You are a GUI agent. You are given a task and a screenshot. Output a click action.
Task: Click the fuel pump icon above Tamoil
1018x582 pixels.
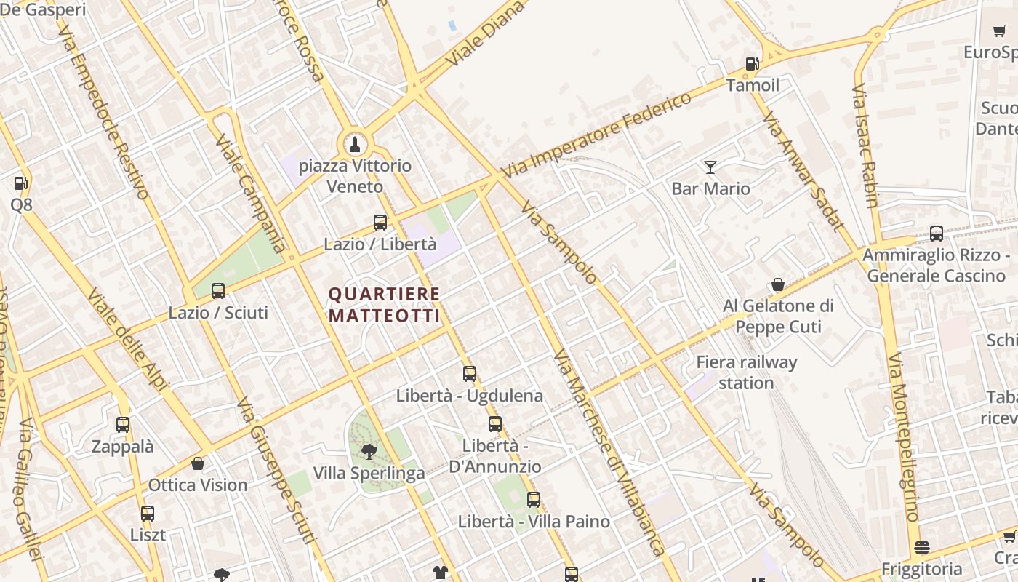point(752,64)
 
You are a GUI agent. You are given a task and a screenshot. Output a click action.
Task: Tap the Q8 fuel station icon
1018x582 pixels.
point(21,183)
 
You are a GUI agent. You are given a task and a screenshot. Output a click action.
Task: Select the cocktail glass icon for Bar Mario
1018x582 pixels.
point(710,167)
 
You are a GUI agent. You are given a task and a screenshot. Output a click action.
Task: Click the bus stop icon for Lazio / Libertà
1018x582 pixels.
point(380,223)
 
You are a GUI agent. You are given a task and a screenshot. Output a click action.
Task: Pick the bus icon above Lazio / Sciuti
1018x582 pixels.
point(217,291)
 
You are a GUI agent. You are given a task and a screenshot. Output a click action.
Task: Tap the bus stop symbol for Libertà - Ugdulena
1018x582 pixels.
point(470,374)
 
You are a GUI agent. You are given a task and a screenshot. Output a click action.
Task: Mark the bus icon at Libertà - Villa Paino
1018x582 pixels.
point(534,500)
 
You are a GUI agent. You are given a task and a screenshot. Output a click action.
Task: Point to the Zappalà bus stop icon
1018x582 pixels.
point(123,425)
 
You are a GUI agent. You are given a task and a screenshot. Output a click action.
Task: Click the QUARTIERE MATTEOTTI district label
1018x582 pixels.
point(385,305)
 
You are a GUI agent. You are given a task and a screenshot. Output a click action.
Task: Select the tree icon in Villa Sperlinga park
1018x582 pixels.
point(369,451)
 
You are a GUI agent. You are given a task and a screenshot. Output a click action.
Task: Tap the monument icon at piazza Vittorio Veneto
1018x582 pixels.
point(354,143)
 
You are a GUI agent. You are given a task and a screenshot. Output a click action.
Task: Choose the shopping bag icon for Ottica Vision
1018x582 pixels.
point(197,463)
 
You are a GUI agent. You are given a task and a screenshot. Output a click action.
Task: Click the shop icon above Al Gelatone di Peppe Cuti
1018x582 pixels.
point(777,284)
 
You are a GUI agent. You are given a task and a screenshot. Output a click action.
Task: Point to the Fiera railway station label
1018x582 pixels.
point(746,372)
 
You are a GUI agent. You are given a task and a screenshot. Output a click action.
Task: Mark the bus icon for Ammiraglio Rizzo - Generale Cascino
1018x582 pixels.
point(937,234)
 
